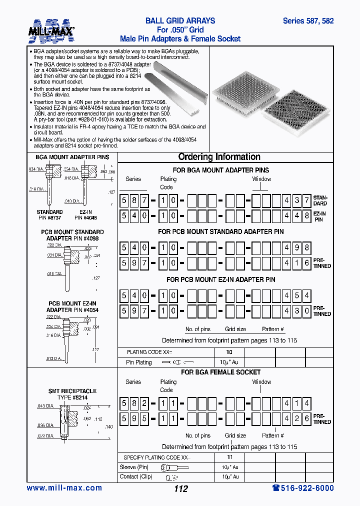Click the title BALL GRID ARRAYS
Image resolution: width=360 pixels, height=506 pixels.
[180, 21]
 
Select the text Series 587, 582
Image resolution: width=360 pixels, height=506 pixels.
[308, 21]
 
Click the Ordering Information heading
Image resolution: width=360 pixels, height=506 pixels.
[219, 157]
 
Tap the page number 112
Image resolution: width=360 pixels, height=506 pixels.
[180, 488]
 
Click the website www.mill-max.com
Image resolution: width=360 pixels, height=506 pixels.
[64, 488]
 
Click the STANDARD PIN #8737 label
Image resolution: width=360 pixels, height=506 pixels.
[49, 215]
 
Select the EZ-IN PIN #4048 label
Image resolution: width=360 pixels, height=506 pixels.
[85, 215]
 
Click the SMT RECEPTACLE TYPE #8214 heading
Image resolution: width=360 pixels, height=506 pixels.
[72, 394]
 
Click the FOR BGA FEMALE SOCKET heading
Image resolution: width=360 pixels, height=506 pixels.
[220, 372]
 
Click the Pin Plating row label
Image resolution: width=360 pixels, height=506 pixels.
[139, 362]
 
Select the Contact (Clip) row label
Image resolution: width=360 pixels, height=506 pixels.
[135, 476]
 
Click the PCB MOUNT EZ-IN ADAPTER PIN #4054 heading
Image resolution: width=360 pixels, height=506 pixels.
[72, 307]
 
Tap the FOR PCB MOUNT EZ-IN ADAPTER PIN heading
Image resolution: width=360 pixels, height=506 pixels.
[220, 279]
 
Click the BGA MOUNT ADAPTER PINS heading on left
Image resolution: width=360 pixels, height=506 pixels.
[72, 157]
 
